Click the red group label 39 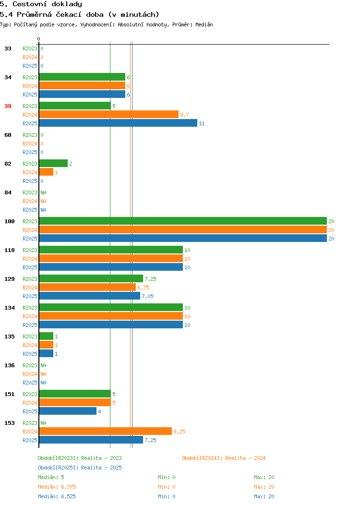[x=8, y=106]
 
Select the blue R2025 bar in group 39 [x=118, y=123]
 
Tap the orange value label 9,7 [x=184, y=115]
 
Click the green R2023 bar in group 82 [x=53, y=163]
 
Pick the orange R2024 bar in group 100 [x=183, y=229]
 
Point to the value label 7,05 [x=147, y=296]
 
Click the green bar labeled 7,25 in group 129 [x=91, y=278]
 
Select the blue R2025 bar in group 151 [x=68, y=411]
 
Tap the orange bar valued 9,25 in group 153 [x=106, y=431]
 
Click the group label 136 [x=9, y=365]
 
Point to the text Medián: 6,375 [x=57, y=487]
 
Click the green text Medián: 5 [x=51, y=477]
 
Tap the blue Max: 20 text [x=264, y=497]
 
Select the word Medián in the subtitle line [x=204, y=24]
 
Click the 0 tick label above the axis [x=39, y=39]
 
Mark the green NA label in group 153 [x=44, y=423]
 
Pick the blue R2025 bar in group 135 [x=47, y=353]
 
